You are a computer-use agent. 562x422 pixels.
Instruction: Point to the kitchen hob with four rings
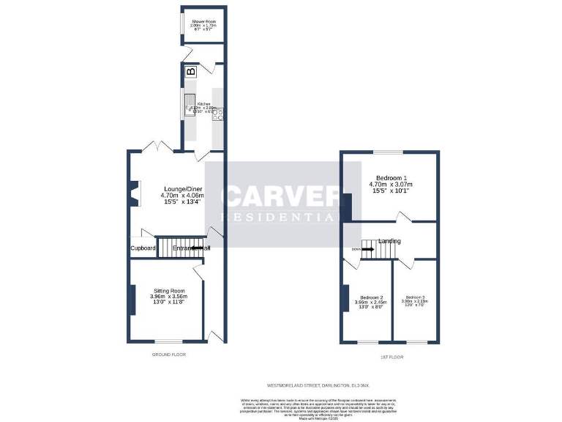coord(217,114)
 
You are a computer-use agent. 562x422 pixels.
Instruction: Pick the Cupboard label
coord(143,248)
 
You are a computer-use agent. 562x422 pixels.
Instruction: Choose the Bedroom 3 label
coord(413,297)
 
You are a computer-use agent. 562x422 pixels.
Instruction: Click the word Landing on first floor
coord(389,241)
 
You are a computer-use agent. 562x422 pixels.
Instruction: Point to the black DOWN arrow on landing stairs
coord(367,249)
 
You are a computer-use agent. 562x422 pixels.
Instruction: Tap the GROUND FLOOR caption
coord(169,355)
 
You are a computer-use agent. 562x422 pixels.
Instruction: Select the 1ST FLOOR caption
coord(392,357)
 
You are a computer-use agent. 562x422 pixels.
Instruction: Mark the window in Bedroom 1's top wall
coord(388,152)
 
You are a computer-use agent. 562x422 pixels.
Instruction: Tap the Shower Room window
coord(182,23)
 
